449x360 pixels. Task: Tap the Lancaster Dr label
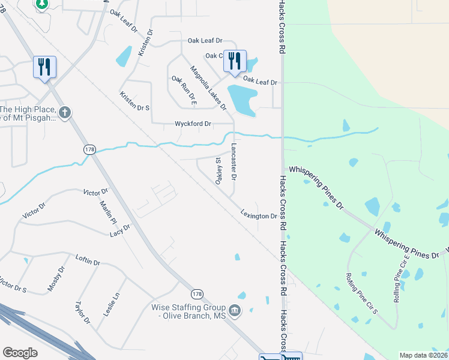point(235,162)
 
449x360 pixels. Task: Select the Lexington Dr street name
point(259,215)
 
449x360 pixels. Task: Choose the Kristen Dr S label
point(134,101)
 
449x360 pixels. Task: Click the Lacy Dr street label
point(119,230)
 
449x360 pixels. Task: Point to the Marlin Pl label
point(107,212)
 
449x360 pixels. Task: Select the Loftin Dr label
point(88,260)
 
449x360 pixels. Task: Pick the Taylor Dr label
point(82,313)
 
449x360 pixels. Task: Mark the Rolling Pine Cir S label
point(361,293)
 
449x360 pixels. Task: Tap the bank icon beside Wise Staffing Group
point(235,310)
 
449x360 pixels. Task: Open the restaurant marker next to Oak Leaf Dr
point(234,61)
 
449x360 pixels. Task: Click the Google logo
point(20,353)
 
